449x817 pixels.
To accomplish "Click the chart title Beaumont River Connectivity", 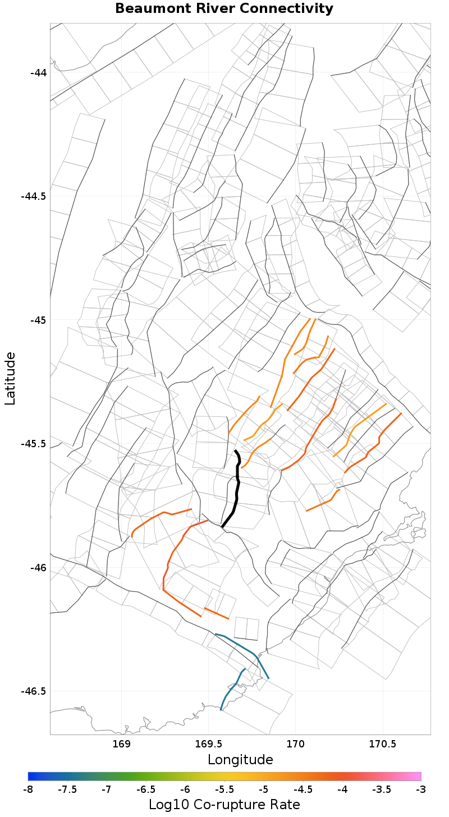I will click(224, 9).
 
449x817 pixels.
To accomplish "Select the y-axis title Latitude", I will click(10, 378).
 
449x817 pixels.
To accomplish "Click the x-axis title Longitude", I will click(240, 760).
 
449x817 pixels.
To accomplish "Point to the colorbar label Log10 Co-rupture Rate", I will click(224, 804).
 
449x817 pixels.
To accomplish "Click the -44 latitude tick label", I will click(39, 72).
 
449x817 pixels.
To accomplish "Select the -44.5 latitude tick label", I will click(34, 196).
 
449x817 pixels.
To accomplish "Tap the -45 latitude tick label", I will click(39, 320).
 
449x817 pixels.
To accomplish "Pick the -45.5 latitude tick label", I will click(34, 444).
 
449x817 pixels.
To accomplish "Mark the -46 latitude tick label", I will click(39, 567).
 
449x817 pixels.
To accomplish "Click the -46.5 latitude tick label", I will click(34, 691).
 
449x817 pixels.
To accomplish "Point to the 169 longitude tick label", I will click(122, 745).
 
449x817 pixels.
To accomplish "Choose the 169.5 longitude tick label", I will click(209, 745).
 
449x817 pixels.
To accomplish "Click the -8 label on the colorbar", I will click(28, 790).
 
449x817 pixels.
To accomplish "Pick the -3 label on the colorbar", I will click(421, 790).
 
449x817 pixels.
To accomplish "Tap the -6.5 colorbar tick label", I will click(146, 790).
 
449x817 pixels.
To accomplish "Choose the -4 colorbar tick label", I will click(342, 790).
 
